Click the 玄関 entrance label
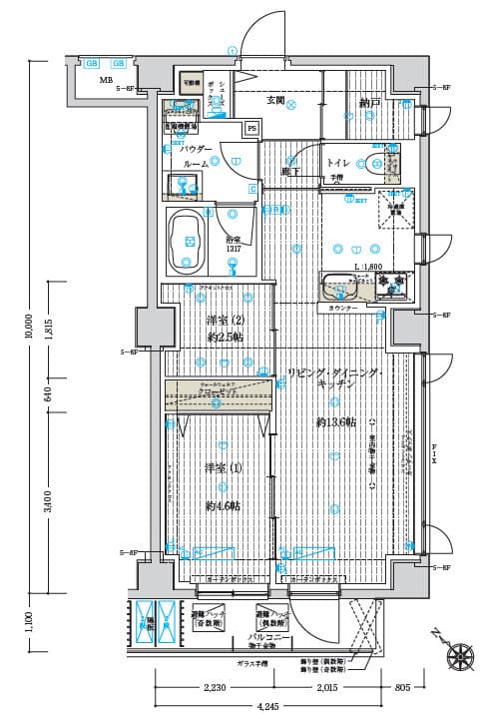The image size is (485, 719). [276, 100]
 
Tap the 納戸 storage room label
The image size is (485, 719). [370, 103]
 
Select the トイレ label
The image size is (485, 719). [337, 163]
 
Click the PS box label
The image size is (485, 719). [251, 128]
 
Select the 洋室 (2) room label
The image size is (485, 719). [225, 321]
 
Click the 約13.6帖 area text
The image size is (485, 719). [336, 421]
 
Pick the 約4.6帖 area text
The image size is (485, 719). [223, 506]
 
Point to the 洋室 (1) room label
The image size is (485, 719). [224, 469]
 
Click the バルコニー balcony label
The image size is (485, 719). [268, 636]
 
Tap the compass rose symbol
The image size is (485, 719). [460, 655]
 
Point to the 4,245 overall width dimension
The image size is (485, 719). [267, 707]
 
